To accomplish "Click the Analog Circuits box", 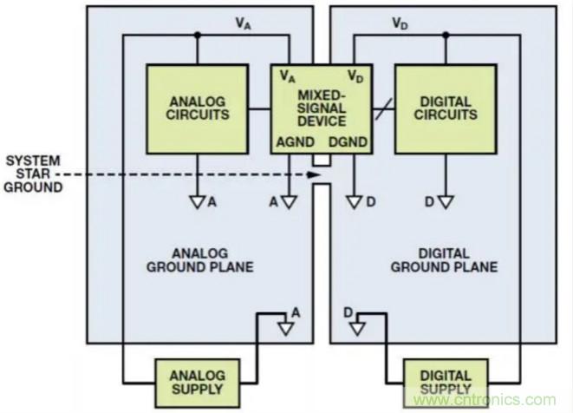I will [197, 108].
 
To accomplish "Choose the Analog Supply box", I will [198, 382].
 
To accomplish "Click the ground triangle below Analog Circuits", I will [197, 202].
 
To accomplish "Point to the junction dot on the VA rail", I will [198, 36].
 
